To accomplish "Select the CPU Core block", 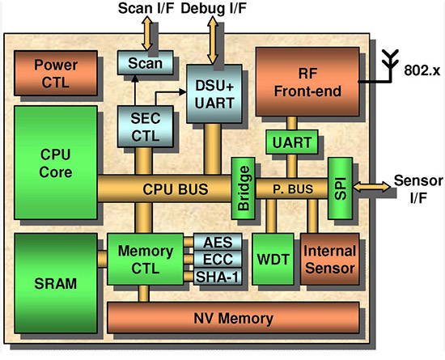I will (x=55, y=162).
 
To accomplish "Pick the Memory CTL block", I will (x=146, y=258).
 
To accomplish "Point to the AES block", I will (x=216, y=242).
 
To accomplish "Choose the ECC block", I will (x=216, y=260).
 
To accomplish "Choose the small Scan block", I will (x=139, y=63).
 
